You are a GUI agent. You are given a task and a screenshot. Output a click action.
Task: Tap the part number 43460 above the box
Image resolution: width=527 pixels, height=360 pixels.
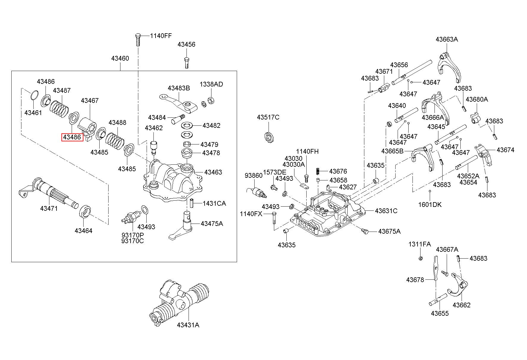click(x=120, y=58)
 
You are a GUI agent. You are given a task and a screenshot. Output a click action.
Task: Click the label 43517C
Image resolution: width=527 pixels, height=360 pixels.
click(x=268, y=117)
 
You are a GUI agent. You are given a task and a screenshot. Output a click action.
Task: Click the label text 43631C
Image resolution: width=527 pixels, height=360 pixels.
click(x=386, y=211)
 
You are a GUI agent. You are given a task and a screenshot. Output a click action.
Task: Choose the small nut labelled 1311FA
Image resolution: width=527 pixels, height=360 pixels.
click(x=420, y=258)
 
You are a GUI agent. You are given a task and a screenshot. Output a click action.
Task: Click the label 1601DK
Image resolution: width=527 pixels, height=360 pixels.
click(x=430, y=205)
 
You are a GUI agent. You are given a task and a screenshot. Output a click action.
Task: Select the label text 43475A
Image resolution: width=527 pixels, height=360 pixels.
click(x=212, y=224)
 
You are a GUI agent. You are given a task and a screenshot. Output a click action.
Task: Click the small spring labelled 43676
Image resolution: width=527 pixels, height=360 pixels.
click(x=318, y=171)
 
